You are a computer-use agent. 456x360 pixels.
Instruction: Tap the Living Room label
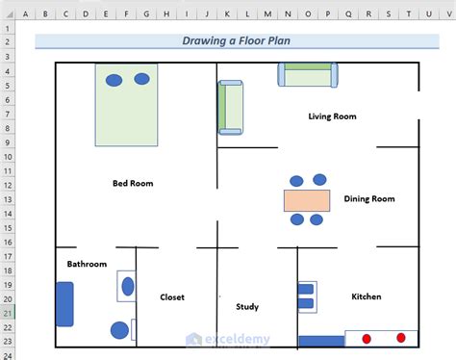pos(332,116)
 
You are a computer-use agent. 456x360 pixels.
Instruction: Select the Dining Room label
pos(369,199)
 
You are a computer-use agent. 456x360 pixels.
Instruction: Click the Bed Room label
pos(133,183)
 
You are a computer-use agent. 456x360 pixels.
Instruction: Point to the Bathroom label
pos(87,264)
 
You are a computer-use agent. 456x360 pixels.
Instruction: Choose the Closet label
pos(172,297)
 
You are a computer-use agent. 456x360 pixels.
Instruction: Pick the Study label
pos(247,307)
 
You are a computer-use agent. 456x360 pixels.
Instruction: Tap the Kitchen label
pos(367,296)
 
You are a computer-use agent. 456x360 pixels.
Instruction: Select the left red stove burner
pos(366,338)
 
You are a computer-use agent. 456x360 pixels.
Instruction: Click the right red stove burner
pos(401,338)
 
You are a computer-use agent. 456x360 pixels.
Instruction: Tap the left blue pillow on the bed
pos(114,80)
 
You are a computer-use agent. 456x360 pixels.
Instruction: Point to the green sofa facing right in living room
pos(230,107)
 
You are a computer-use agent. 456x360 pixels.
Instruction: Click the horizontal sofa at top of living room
pos(308,75)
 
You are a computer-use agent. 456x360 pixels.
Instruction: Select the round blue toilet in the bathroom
pos(119,330)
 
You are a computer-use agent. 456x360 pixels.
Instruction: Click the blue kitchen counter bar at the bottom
pos(321,341)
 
